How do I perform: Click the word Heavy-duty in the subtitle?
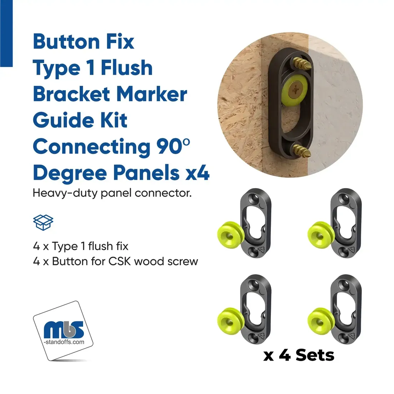pyautogui.click(x=65, y=194)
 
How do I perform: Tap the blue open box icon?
pyautogui.click(x=43, y=222)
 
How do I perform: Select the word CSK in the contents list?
pyautogui.click(x=120, y=261)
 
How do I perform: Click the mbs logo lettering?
pyautogui.click(x=63, y=329)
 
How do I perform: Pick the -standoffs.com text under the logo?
pyautogui.click(x=64, y=342)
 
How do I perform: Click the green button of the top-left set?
pyautogui.click(x=230, y=235)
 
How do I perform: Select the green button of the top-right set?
pyautogui.click(x=321, y=235)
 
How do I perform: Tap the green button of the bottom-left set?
pyautogui.click(x=230, y=321)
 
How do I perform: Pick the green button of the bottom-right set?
pyautogui.click(x=321, y=321)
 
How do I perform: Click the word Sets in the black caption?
pyautogui.click(x=315, y=355)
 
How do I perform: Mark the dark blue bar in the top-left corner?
pyautogui.click(x=6, y=33)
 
